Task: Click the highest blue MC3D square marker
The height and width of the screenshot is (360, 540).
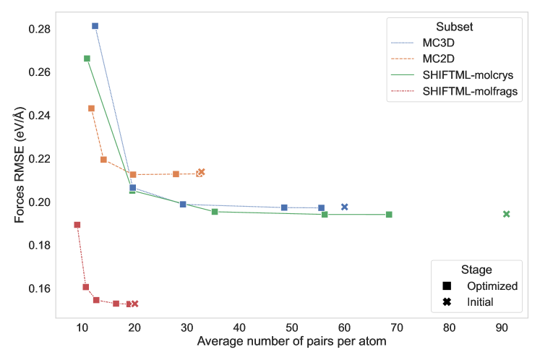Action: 95,26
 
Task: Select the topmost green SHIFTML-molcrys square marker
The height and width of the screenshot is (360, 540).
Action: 87,59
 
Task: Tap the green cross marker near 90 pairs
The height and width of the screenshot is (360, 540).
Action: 506,214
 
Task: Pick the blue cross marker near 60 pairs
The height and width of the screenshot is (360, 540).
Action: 345,207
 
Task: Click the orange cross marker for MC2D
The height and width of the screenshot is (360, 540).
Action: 202,172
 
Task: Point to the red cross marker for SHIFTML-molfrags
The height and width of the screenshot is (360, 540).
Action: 134,304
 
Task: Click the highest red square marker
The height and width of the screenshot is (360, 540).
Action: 77,225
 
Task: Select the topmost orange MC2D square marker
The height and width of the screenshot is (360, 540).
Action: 91,108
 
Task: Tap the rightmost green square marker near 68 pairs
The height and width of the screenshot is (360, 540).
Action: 389,215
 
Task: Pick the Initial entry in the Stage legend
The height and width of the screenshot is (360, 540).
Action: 480,301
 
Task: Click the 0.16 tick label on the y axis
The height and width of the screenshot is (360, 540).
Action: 40,288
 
